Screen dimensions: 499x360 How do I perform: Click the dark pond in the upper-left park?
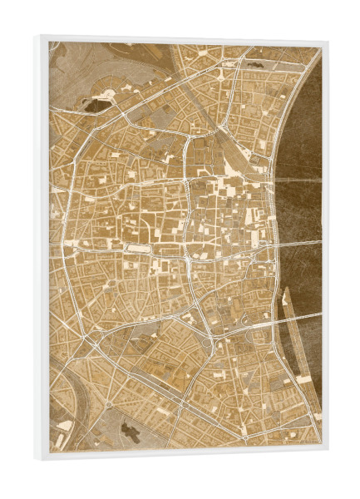tap(96, 106)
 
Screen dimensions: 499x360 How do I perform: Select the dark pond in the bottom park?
tap(130, 429)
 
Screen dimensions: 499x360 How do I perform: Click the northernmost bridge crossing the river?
tap(298, 178)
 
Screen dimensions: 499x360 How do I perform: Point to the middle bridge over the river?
tap(299, 244)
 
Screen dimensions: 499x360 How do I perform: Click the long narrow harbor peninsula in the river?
tap(290, 333)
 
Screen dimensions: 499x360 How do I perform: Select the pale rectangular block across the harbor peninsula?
tap(304, 378)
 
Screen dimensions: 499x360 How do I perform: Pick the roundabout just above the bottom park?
tap(109, 404)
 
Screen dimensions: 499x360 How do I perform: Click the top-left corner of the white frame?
tap(37, 36)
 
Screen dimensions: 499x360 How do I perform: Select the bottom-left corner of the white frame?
tap(37, 458)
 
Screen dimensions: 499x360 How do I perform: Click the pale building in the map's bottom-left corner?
tap(64, 425)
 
